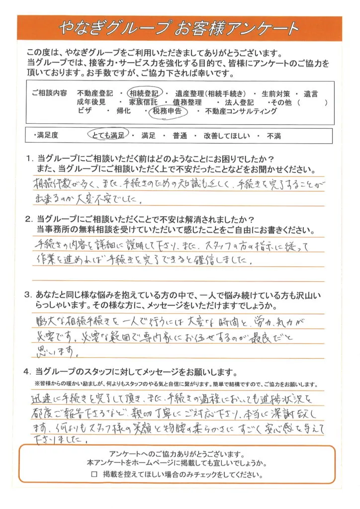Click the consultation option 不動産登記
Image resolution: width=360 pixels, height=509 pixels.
click(x=95, y=93)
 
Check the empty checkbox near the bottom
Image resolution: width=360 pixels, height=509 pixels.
click(x=94, y=475)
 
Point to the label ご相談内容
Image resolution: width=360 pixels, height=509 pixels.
click(x=48, y=93)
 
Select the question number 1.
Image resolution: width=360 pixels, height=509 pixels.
click(x=29, y=159)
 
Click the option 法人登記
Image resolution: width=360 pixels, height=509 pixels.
click(x=241, y=102)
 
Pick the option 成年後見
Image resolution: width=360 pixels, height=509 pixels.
click(x=92, y=102)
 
